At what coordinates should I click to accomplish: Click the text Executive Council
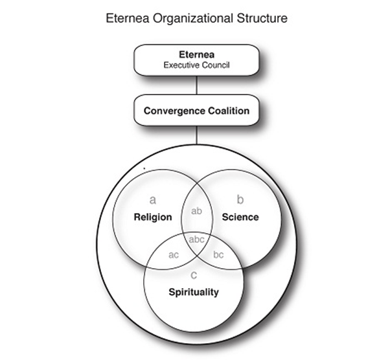[197, 65]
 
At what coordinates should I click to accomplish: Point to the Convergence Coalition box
[196, 111]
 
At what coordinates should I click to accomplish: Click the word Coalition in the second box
[225, 111]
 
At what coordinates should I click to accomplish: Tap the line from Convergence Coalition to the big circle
[196, 135]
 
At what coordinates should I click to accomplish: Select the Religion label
[153, 217]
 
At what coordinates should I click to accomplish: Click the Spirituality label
[194, 292]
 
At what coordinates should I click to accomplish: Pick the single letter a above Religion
[153, 199]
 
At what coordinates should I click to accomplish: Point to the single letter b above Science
[240, 199]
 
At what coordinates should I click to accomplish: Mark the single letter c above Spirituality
[194, 276]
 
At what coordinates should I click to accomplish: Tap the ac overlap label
[174, 255]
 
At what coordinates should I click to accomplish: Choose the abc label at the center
[196, 239]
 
